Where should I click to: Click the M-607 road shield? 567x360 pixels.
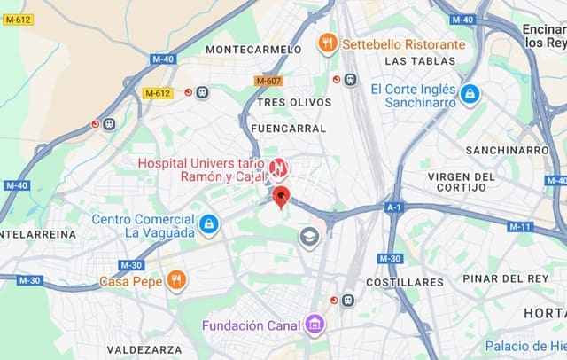point(268,81)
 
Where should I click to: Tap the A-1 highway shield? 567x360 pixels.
point(394,207)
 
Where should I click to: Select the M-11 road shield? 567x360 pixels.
point(520,226)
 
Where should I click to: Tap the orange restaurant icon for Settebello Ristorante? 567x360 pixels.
point(328,43)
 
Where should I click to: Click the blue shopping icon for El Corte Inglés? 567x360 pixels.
point(470,93)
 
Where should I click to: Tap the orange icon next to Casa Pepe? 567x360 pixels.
point(176,280)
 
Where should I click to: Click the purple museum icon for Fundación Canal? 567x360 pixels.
point(314,325)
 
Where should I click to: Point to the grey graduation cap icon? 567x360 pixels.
point(309,237)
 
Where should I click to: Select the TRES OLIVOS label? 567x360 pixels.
point(293,103)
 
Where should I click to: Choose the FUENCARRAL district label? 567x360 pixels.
point(288,128)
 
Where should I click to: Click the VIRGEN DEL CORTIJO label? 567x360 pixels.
point(462,182)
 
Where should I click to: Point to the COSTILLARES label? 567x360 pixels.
point(404,282)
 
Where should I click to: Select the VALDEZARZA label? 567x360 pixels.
point(144,349)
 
